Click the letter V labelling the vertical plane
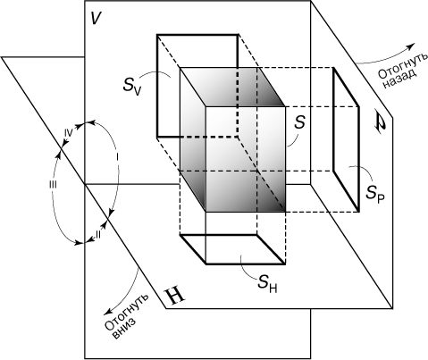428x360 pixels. (x=96, y=19)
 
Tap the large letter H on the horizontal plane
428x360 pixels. (x=175, y=297)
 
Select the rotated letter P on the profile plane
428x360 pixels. (x=380, y=123)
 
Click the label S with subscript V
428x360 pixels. (x=131, y=86)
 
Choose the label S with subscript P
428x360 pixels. (x=375, y=194)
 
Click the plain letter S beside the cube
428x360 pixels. (x=299, y=122)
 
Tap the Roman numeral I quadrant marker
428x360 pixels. (x=118, y=156)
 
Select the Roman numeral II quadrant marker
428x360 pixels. (x=97, y=235)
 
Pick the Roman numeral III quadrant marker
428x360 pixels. (x=53, y=185)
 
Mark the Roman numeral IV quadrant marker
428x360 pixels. (x=68, y=133)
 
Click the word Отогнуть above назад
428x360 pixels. (x=403, y=65)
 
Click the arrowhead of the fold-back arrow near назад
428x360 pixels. (x=411, y=46)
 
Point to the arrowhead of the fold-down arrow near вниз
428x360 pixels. (x=107, y=312)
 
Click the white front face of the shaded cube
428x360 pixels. (x=246, y=159)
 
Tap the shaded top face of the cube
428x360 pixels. (x=232, y=87)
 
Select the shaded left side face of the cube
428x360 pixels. (x=192, y=140)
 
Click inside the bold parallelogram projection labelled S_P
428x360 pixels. (x=346, y=139)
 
